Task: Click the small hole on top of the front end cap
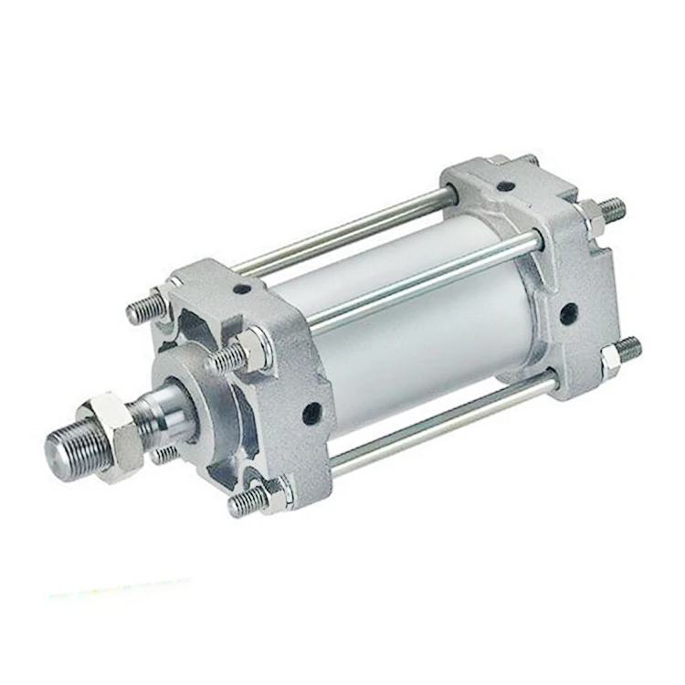243,290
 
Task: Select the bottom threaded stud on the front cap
248,499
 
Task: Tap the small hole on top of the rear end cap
501,188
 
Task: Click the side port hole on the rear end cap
568,312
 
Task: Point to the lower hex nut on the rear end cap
610,358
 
